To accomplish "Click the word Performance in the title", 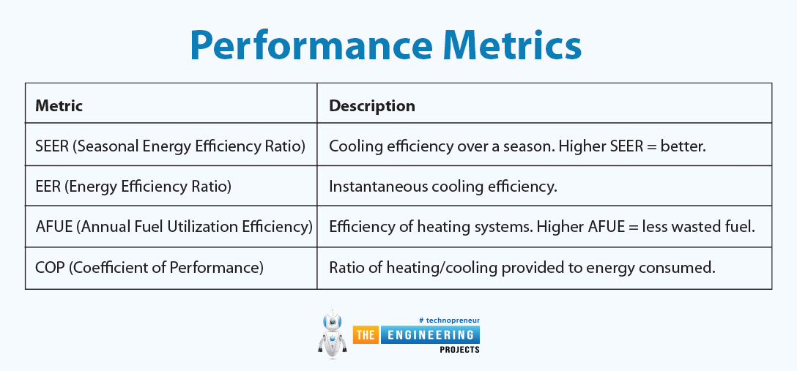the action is [311, 45].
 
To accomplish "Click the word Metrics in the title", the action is [512, 45].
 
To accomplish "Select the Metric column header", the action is [59, 105].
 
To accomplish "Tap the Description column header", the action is [372, 105].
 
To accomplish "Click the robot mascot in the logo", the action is [333, 334].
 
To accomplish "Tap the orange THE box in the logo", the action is [366, 335].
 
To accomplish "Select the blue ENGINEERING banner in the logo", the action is [429, 335].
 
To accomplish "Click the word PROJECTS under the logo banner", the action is [459, 350].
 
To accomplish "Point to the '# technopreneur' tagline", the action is [449, 321].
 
